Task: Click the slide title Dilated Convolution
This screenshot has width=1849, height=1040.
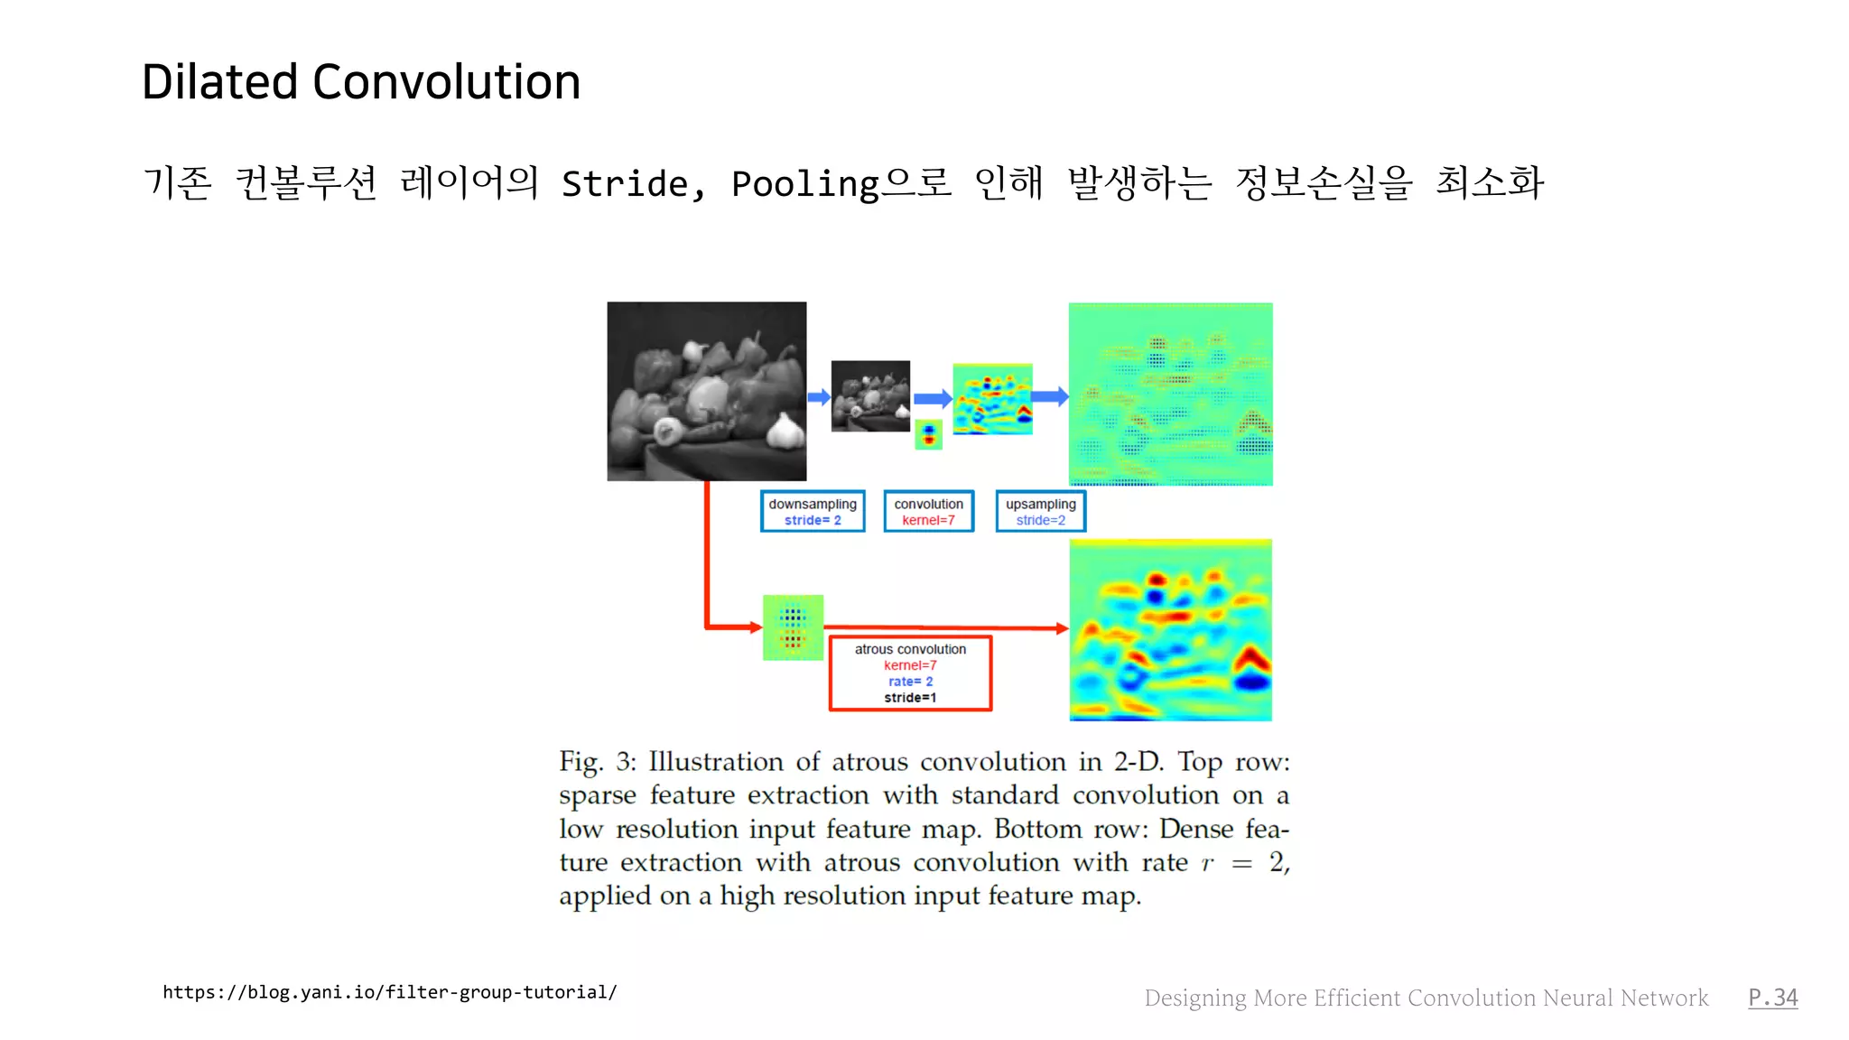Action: tap(361, 82)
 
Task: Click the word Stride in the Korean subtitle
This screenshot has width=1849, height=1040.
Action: tap(625, 184)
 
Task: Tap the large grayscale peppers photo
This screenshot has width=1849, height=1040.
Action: tap(706, 391)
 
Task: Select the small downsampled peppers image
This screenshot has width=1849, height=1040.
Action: tap(870, 395)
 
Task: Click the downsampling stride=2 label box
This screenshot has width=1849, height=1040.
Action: tap(813, 512)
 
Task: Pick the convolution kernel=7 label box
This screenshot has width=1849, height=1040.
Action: tap(928, 512)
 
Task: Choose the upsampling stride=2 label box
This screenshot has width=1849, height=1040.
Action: tap(1040, 512)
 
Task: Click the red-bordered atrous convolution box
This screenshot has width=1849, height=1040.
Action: tap(910, 673)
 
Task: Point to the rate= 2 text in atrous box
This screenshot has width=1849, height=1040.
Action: tap(910, 682)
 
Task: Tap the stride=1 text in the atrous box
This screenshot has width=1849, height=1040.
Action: tap(910, 698)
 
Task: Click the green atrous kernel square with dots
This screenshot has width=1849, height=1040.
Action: tap(793, 627)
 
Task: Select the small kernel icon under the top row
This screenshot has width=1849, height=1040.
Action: tap(928, 434)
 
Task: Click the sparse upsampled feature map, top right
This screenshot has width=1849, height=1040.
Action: tap(1170, 395)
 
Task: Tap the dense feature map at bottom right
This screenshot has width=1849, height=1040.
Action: tap(1170, 630)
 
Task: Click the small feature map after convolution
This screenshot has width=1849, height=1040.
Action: tap(992, 399)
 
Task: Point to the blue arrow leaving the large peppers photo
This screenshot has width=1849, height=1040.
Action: tap(818, 397)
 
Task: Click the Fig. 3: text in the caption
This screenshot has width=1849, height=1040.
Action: tap(597, 762)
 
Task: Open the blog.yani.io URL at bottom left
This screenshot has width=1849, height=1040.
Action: tap(389, 992)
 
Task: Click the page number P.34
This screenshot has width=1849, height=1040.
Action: tap(1772, 998)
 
